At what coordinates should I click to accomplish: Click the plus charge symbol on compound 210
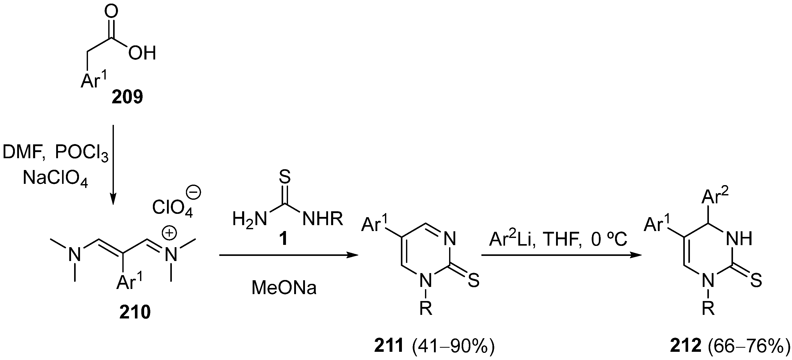tap(169, 233)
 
